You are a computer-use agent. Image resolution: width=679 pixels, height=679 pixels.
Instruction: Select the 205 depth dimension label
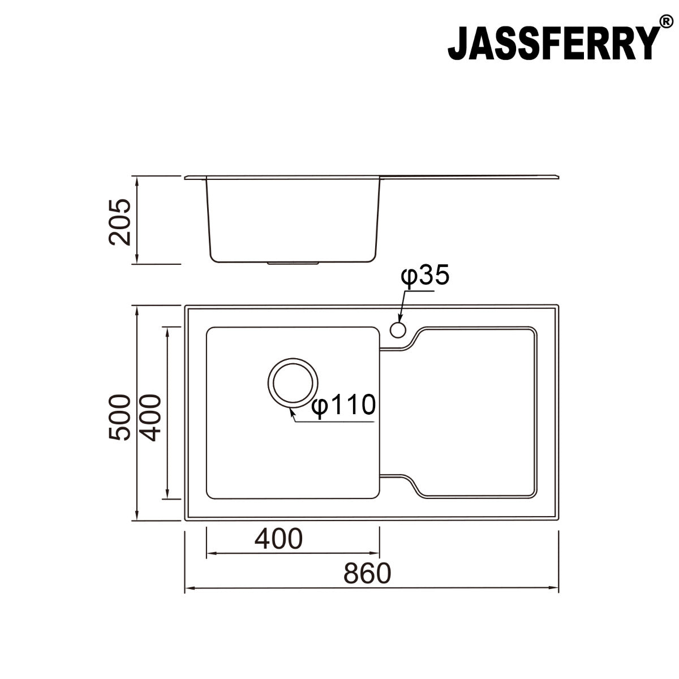point(120,221)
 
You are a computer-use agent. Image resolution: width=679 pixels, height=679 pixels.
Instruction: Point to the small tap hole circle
point(398,329)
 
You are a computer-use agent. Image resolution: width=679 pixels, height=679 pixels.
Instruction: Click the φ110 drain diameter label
point(343,406)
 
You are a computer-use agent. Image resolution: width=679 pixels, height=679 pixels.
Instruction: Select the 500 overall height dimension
point(120,417)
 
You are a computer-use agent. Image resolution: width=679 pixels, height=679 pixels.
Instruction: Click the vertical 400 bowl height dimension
point(151,417)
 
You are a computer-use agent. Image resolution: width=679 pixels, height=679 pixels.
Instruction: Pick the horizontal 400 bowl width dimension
point(278,539)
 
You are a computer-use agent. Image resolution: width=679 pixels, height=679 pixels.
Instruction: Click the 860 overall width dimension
point(367,573)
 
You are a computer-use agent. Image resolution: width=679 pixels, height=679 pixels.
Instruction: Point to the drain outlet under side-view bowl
point(294,263)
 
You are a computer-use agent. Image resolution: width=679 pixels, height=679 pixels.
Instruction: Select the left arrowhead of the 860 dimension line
point(189,588)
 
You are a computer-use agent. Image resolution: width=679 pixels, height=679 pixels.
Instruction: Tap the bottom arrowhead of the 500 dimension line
point(136,517)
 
